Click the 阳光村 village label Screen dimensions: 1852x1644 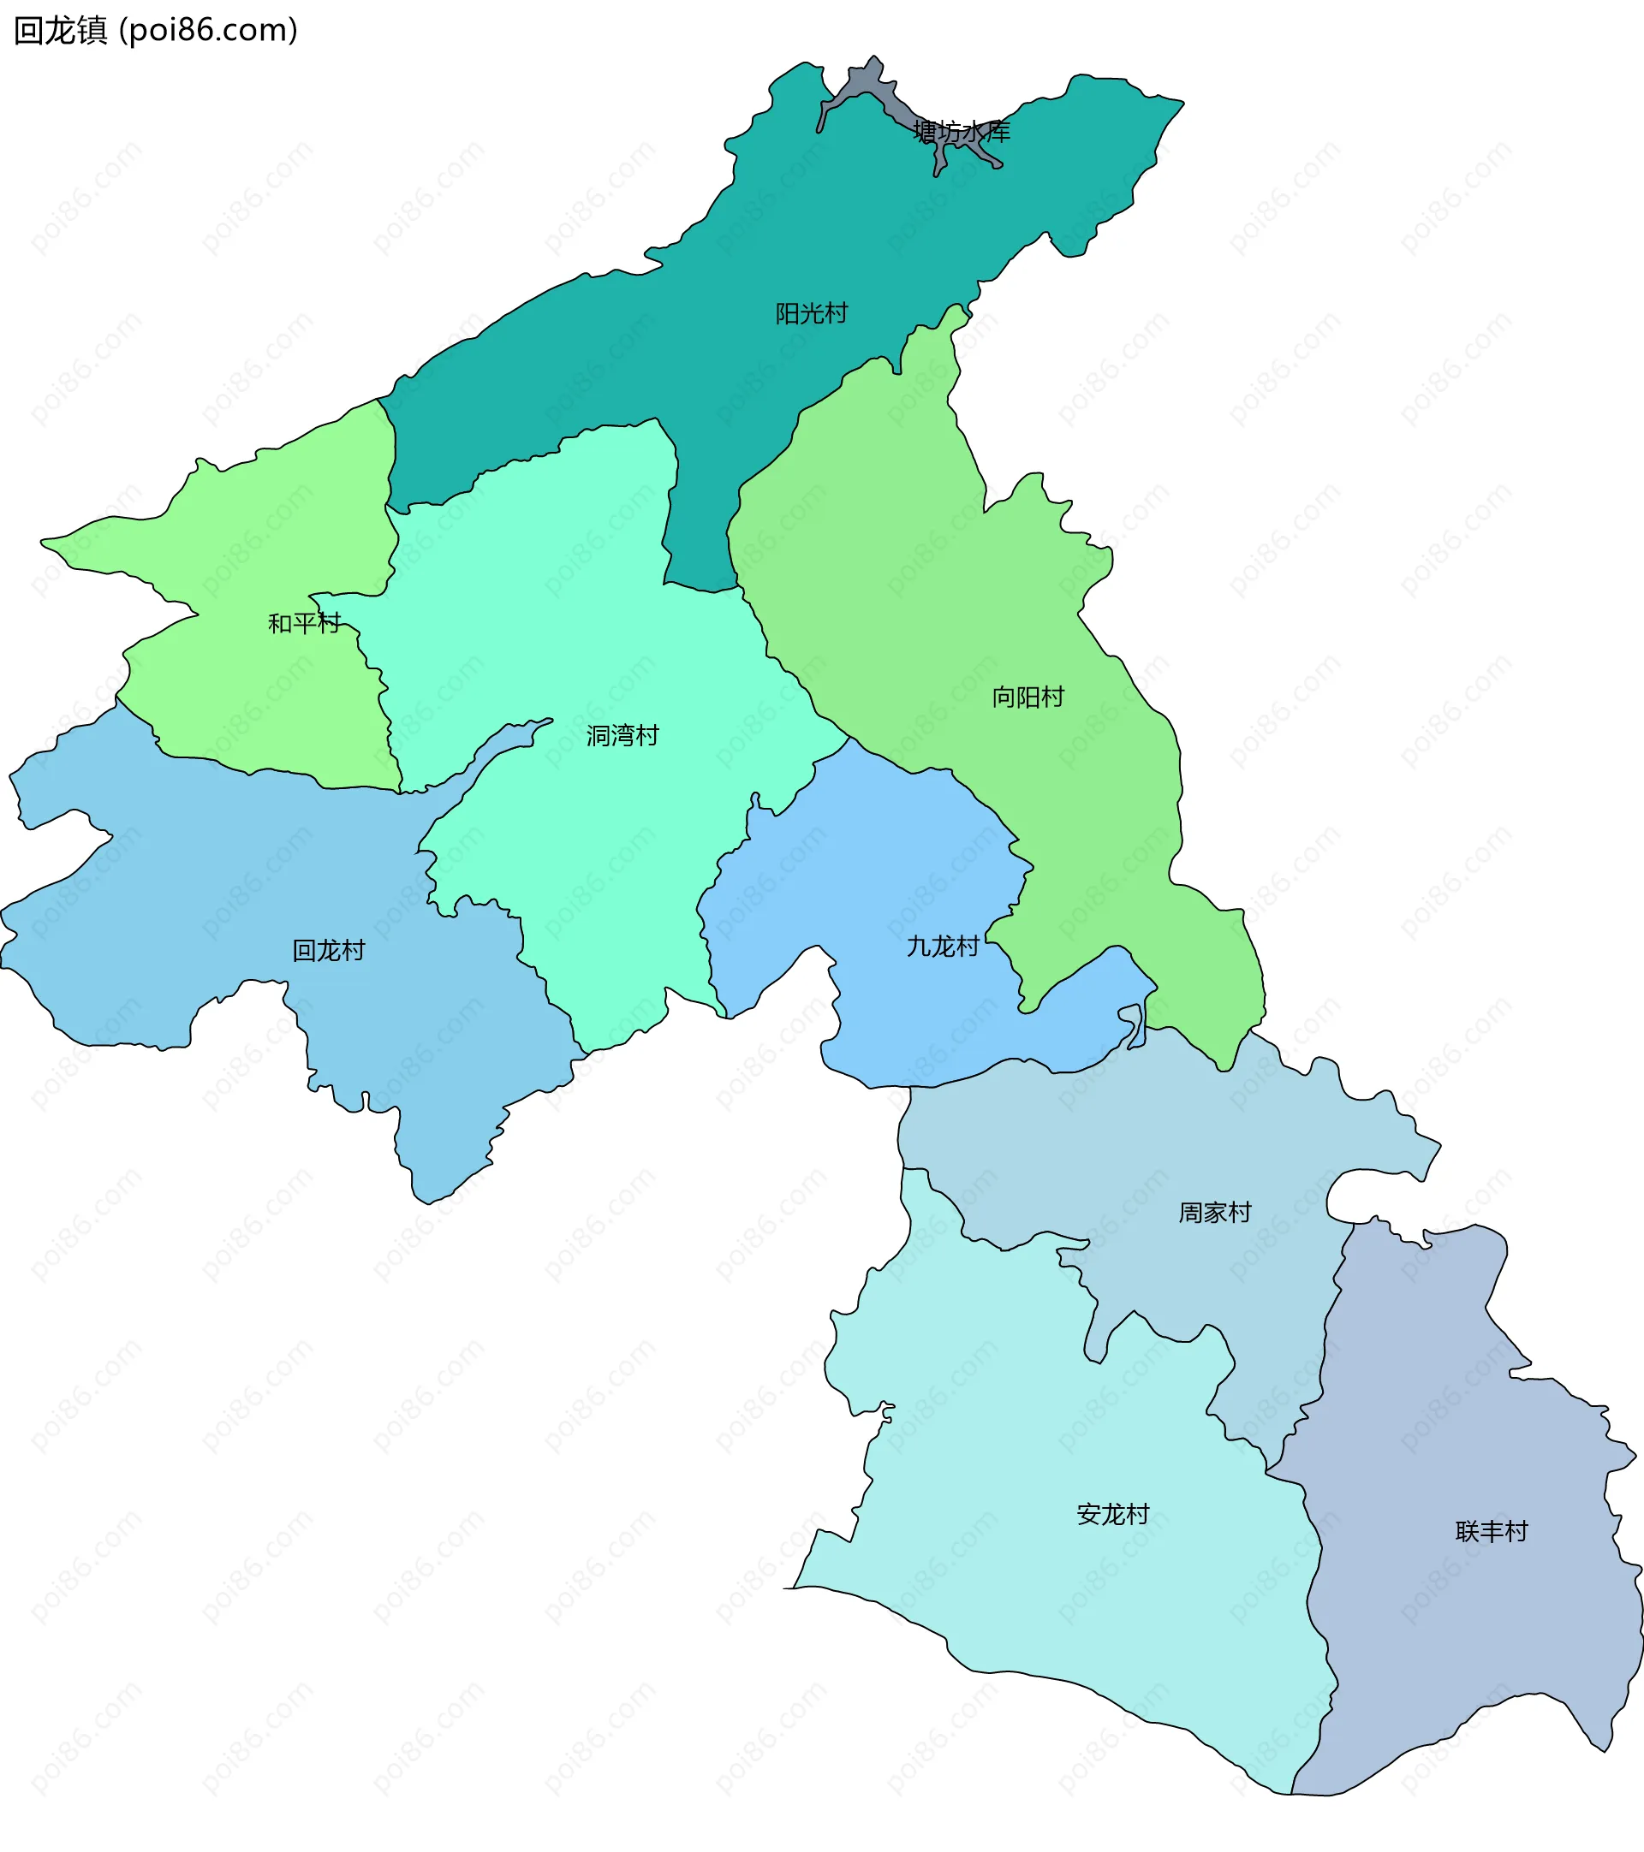point(811,313)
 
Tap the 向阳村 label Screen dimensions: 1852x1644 point(1027,697)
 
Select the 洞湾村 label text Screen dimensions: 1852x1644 point(622,736)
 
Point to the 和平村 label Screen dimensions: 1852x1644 point(304,623)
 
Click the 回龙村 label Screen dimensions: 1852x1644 point(328,951)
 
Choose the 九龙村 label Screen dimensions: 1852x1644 point(943,947)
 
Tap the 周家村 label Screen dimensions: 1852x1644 point(1214,1213)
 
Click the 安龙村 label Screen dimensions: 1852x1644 point(1113,1514)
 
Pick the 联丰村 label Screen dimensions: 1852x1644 point(1492,1531)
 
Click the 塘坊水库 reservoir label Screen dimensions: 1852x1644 point(962,133)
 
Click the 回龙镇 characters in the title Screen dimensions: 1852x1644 point(61,31)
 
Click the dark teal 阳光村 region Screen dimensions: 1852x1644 point(634,362)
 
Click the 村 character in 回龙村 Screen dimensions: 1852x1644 point(354,951)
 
